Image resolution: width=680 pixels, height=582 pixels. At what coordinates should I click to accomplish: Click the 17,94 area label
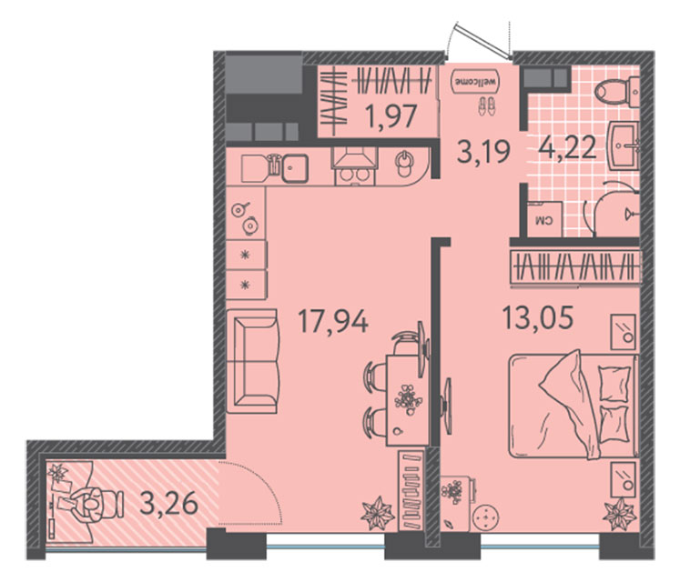point(333,322)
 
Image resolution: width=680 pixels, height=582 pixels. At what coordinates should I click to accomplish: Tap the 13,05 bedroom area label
point(538,317)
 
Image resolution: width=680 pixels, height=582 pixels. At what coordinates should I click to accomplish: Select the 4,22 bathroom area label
point(566,148)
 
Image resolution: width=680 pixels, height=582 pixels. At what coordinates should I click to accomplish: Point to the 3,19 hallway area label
point(483,152)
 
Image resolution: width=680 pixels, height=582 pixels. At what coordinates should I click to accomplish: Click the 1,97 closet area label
point(391,116)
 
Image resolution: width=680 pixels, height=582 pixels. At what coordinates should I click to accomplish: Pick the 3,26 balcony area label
point(169,504)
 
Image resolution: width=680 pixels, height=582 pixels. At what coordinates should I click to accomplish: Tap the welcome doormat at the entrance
point(475,81)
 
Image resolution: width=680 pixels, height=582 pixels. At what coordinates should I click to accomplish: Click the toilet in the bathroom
point(616,92)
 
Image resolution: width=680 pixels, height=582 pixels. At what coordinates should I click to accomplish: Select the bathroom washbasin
point(624,145)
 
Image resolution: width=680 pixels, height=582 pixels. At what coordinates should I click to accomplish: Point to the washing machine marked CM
point(544,219)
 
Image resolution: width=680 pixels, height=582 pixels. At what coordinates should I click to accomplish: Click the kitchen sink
point(295,168)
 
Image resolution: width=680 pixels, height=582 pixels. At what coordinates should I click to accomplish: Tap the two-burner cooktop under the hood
point(355,176)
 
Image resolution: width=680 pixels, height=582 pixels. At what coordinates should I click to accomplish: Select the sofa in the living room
point(251,361)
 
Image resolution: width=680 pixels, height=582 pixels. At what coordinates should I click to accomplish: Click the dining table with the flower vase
point(407,400)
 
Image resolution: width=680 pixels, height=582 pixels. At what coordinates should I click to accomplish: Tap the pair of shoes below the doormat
point(486,106)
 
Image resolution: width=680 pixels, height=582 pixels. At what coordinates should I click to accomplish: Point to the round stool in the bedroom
point(486,517)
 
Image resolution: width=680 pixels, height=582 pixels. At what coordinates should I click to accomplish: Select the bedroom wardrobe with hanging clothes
point(575,266)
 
